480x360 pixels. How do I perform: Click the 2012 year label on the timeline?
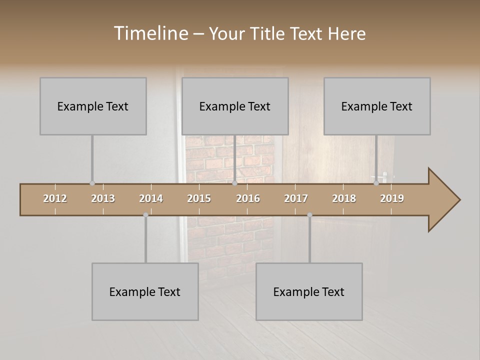(x=55, y=198)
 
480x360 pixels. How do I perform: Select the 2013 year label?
(x=103, y=198)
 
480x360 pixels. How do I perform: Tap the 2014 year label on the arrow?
(x=151, y=198)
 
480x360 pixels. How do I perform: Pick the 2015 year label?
(x=199, y=198)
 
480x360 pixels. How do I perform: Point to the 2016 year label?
(x=248, y=198)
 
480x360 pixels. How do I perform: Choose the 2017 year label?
(x=296, y=198)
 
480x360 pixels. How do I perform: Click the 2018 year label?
(x=344, y=198)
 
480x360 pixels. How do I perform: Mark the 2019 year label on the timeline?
(x=392, y=198)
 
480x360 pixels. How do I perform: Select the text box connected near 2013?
(x=93, y=106)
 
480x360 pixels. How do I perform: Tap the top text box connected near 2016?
(x=235, y=106)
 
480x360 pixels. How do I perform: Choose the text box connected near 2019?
(x=377, y=106)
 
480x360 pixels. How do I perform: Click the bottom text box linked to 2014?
(x=145, y=291)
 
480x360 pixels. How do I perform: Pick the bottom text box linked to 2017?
(x=309, y=291)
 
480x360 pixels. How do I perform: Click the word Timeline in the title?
(x=150, y=33)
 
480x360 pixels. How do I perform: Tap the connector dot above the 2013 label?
(x=92, y=183)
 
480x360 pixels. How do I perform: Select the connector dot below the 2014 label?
(x=145, y=215)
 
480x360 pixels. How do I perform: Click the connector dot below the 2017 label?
(x=309, y=215)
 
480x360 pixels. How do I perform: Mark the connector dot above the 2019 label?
(x=376, y=183)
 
